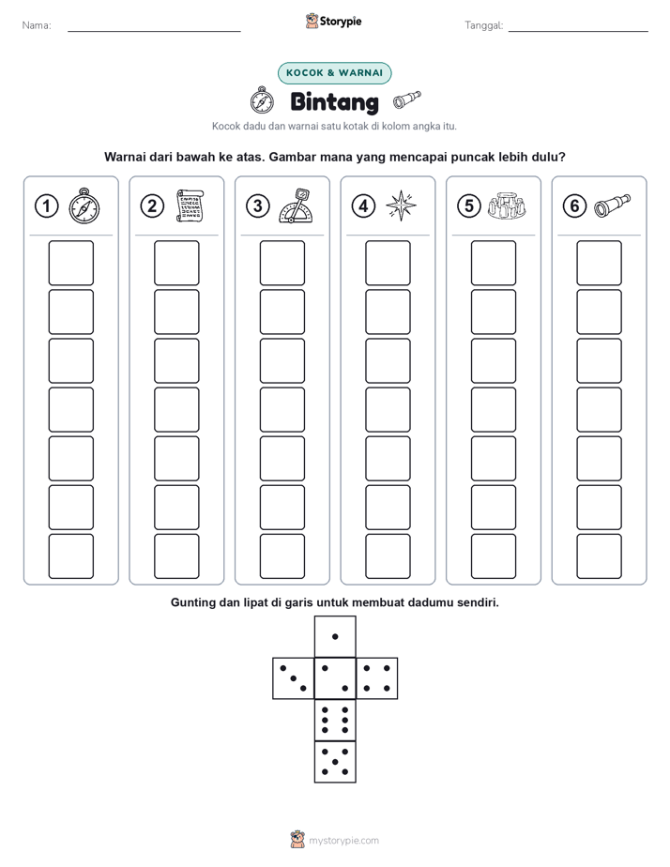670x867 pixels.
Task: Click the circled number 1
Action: (x=46, y=206)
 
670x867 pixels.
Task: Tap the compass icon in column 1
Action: (x=84, y=205)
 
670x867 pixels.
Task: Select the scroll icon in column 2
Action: (x=190, y=205)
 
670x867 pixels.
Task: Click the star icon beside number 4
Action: (x=401, y=205)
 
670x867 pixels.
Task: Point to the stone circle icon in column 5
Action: (x=507, y=205)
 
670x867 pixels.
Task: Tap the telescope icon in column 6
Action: (x=612, y=205)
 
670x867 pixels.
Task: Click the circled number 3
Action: (x=258, y=206)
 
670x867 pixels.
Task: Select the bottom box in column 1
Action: (x=70, y=556)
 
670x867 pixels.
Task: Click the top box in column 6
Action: (x=600, y=263)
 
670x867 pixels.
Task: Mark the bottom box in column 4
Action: (x=388, y=556)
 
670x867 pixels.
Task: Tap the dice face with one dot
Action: (x=335, y=636)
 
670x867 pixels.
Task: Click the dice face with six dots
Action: (x=335, y=720)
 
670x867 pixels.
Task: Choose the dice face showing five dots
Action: (x=335, y=761)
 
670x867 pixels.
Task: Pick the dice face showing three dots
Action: (x=294, y=677)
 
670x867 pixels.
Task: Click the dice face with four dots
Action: (x=377, y=677)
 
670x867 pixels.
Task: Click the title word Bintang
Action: (x=334, y=101)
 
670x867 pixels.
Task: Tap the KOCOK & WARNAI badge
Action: (x=334, y=73)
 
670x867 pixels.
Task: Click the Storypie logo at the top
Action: (x=334, y=22)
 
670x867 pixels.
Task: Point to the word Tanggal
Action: (x=483, y=25)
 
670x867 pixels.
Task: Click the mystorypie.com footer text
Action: (x=343, y=841)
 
